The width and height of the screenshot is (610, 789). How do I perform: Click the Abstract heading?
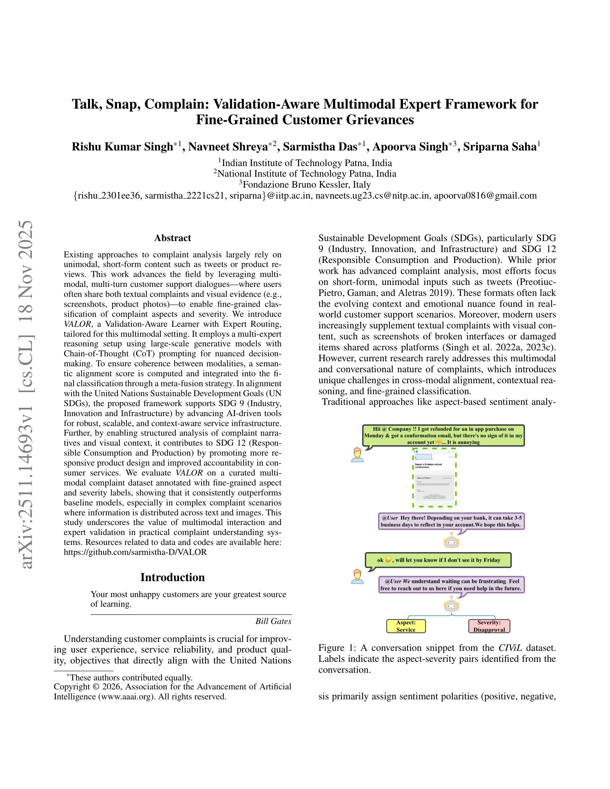(172, 238)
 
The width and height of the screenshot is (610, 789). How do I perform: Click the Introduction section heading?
(172, 577)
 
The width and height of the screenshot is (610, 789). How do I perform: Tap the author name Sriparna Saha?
(500, 147)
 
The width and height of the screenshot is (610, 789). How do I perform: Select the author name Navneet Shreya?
(228, 147)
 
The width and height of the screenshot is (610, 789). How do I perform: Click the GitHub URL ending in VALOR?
(135, 552)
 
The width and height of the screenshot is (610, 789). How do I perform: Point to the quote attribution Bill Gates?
(273, 621)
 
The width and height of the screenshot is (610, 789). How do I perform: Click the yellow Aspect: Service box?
(406, 626)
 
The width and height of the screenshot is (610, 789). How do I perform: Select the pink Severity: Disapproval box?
(489, 626)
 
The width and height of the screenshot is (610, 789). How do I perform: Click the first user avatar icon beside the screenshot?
(357, 455)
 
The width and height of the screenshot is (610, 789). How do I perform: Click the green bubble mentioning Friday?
(438, 560)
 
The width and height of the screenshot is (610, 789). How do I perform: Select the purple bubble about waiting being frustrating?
(452, 584)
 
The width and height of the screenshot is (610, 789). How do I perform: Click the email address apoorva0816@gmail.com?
(485, 196)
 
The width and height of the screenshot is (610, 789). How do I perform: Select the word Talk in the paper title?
(87, 104)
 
